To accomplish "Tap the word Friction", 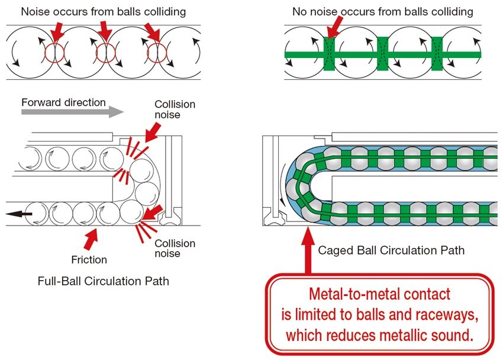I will [x=89, y=259].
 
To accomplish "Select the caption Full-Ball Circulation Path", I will [x=103, y=281].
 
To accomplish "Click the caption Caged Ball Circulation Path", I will [x=391, y=250].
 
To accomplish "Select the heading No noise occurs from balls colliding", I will [x=383, y=11].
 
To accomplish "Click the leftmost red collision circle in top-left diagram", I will [x=54, y=53].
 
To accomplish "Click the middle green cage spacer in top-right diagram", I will [x=383, y=53].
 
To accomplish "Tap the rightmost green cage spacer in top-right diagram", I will [x=437, y=53].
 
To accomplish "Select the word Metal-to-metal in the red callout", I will [x=346, y=294].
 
